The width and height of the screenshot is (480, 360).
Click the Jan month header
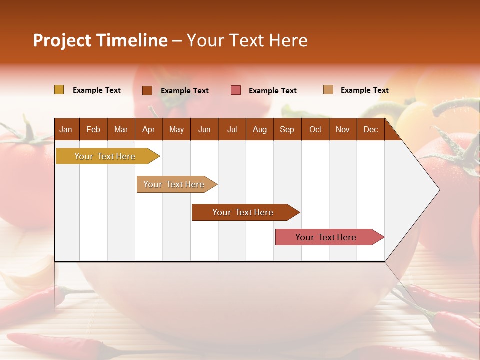66,130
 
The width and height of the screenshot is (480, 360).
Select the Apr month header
148,130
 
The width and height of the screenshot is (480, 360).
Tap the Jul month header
232,130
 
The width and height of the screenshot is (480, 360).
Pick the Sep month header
287,130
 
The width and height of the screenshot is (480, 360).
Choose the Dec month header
370,130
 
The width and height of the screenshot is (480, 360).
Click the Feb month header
93,130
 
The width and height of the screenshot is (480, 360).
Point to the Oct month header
315,130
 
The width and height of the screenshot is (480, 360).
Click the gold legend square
59,90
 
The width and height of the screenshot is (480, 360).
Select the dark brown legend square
147,90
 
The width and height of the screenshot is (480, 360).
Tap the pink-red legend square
236,90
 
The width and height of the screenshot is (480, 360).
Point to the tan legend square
328,90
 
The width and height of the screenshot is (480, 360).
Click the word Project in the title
61,40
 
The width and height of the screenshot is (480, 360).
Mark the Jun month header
204,130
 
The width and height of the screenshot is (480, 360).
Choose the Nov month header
343,130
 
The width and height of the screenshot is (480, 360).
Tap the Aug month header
260,130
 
